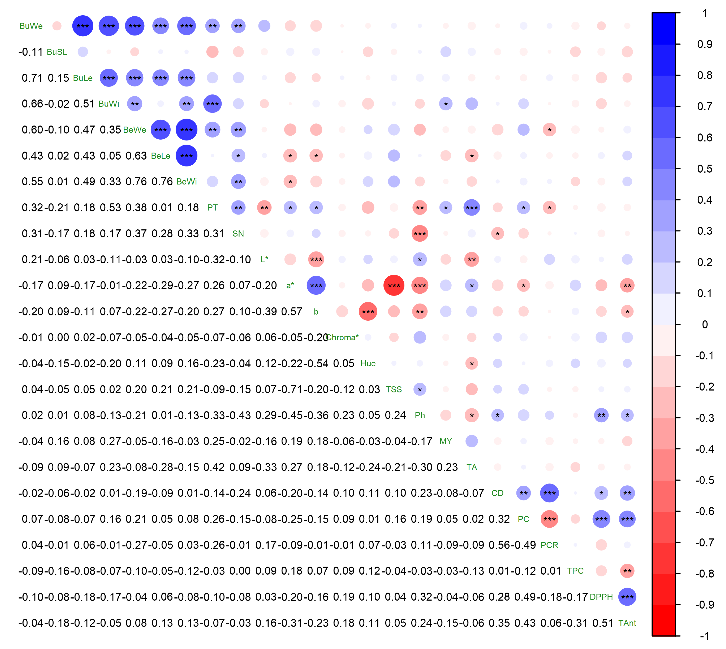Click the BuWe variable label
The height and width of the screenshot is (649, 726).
[31, 26]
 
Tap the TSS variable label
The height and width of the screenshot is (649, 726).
[394, 389]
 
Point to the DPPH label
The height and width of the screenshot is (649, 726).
[601, 597]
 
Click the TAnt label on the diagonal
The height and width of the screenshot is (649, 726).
[627, 623]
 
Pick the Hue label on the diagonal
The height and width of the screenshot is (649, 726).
[368, 363]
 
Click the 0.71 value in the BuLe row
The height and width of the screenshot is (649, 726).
[32, 78]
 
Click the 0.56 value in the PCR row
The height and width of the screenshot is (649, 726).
[499, 545]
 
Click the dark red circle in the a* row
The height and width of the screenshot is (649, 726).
[394, 285]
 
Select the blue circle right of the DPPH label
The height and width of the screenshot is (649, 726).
[627, 597]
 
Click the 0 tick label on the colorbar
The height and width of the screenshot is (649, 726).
[705, 325]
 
